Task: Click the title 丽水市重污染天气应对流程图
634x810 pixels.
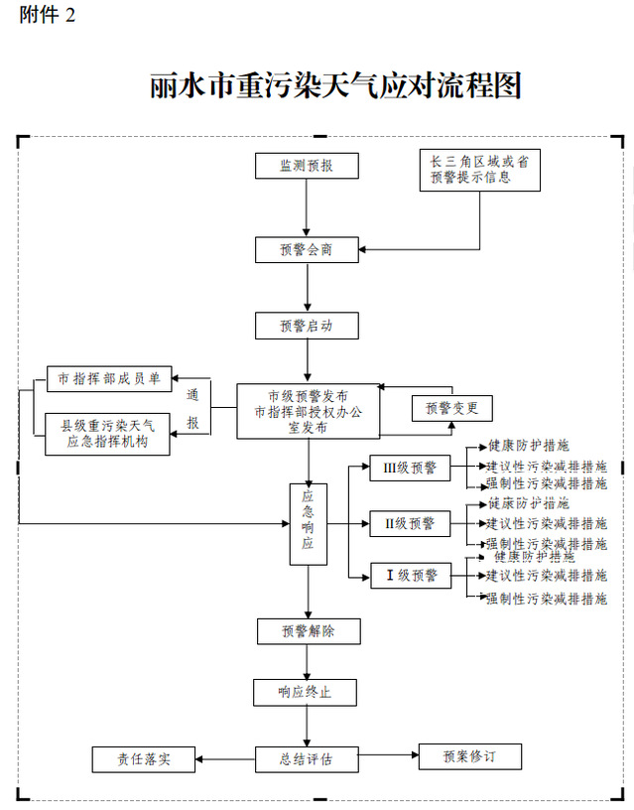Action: pyautogui.click(x=335, y=86)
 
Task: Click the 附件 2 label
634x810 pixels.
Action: pyautogui.click(x=47, y=15)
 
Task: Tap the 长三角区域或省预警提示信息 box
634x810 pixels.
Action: pyautogui.click(x=480, y=170)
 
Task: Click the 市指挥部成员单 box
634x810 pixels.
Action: pyautogui.click(x=109, y=378)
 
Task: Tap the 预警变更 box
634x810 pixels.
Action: pyautogui.click(x=451, y=407)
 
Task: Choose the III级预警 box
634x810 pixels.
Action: pyautogui.click(x=409, y=467)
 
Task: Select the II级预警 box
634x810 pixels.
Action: pyautogui.click(x=409, y=522)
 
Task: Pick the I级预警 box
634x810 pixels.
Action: pyautogui.click(x=409, y=575)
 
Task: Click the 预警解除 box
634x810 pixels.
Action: pyautogui.click(x=307, y=630)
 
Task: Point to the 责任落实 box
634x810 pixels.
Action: pyautogui.click(x=143, y=759)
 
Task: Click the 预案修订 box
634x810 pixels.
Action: pyautogui.click(x=469, y=757)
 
